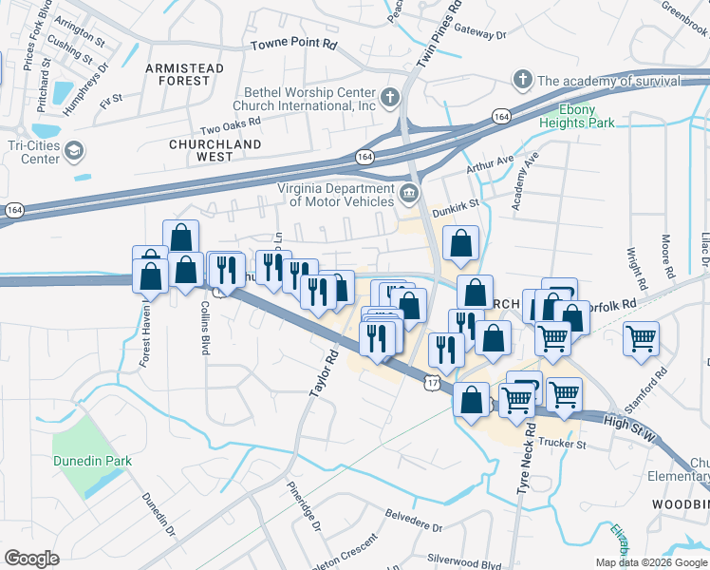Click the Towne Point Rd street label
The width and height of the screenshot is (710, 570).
[x=293, y=45]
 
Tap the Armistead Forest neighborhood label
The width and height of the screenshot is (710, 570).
[x=184, y=74]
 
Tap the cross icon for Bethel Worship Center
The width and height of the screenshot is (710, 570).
[x=389, y=96]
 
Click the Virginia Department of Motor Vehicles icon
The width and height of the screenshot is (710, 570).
[x=409, y=194]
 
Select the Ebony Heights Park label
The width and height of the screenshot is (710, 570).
[x=577, y=116]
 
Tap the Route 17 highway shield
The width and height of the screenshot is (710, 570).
[x=431, y=382]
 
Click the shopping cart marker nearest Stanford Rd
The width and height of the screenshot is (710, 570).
[x=642, y=338]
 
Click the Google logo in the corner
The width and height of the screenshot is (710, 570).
[x=31, y=559]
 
